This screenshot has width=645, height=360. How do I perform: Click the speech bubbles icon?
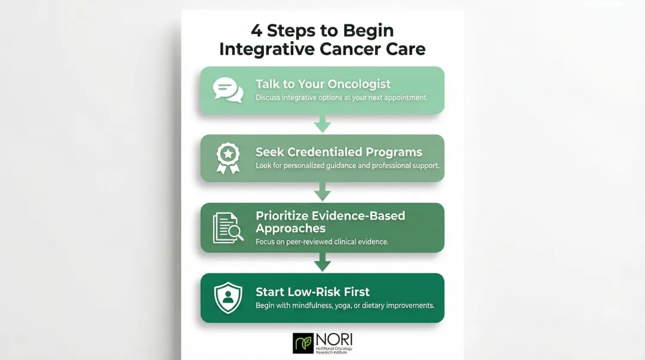(228, 90)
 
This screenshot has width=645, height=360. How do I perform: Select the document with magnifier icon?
(228, 227)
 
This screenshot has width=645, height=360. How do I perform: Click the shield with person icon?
(228, 298)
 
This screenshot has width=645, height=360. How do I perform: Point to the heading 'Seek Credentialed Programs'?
(339, 152)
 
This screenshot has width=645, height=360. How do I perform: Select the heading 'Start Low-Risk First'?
(312, 292)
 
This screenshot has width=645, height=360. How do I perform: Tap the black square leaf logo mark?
(303, 343)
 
